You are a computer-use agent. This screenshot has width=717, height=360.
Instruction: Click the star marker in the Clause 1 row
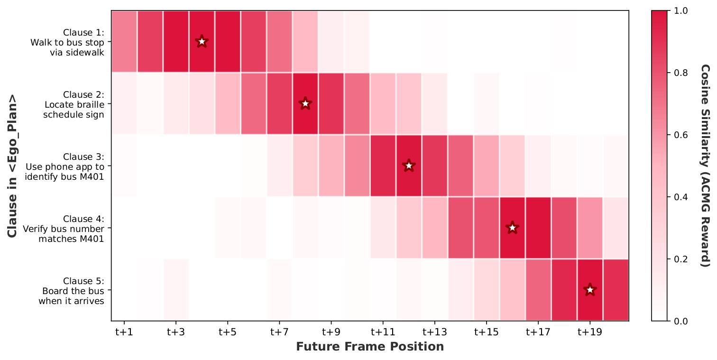(202, 41)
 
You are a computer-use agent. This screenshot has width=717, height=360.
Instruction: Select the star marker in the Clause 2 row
(305, 103)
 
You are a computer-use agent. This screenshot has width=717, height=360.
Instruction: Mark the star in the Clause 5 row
(590, 290)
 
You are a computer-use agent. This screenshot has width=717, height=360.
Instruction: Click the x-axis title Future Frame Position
(370, 347)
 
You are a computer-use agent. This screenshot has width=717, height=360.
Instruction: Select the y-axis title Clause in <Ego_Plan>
(13, 166)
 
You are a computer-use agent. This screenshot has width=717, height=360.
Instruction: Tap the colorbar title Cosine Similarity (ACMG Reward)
(705, 166)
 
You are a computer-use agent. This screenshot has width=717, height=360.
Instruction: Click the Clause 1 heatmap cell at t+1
(124, 41)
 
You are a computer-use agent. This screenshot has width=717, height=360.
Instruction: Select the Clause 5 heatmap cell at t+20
(616, 290)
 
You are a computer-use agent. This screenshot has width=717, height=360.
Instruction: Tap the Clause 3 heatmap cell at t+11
(383, 166)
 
